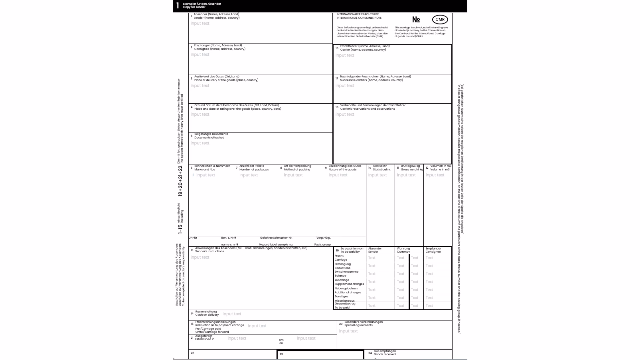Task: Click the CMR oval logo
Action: click(440, 19)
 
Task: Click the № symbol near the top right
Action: click(416, 20)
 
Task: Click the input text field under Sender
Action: click(200, 23)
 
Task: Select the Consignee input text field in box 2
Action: click(200, 54)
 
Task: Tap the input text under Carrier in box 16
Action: click(345, 55)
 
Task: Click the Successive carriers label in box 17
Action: click(371, 80)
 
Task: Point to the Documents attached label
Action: click(209, 137)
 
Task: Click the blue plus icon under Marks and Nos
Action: click(193, 175)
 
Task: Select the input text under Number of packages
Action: click(249, 175)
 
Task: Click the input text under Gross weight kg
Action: click(406, 175)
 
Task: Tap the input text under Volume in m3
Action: click(435, 175)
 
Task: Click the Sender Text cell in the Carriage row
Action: click(372, 258)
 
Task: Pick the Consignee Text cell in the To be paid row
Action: click(429, 306)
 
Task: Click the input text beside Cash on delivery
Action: click(232, 314)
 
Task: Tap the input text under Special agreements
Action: click(348, 331)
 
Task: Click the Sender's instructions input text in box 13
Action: click(200, 257)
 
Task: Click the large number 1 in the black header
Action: click(178, 5)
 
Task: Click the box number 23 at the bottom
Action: click(281, 354)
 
